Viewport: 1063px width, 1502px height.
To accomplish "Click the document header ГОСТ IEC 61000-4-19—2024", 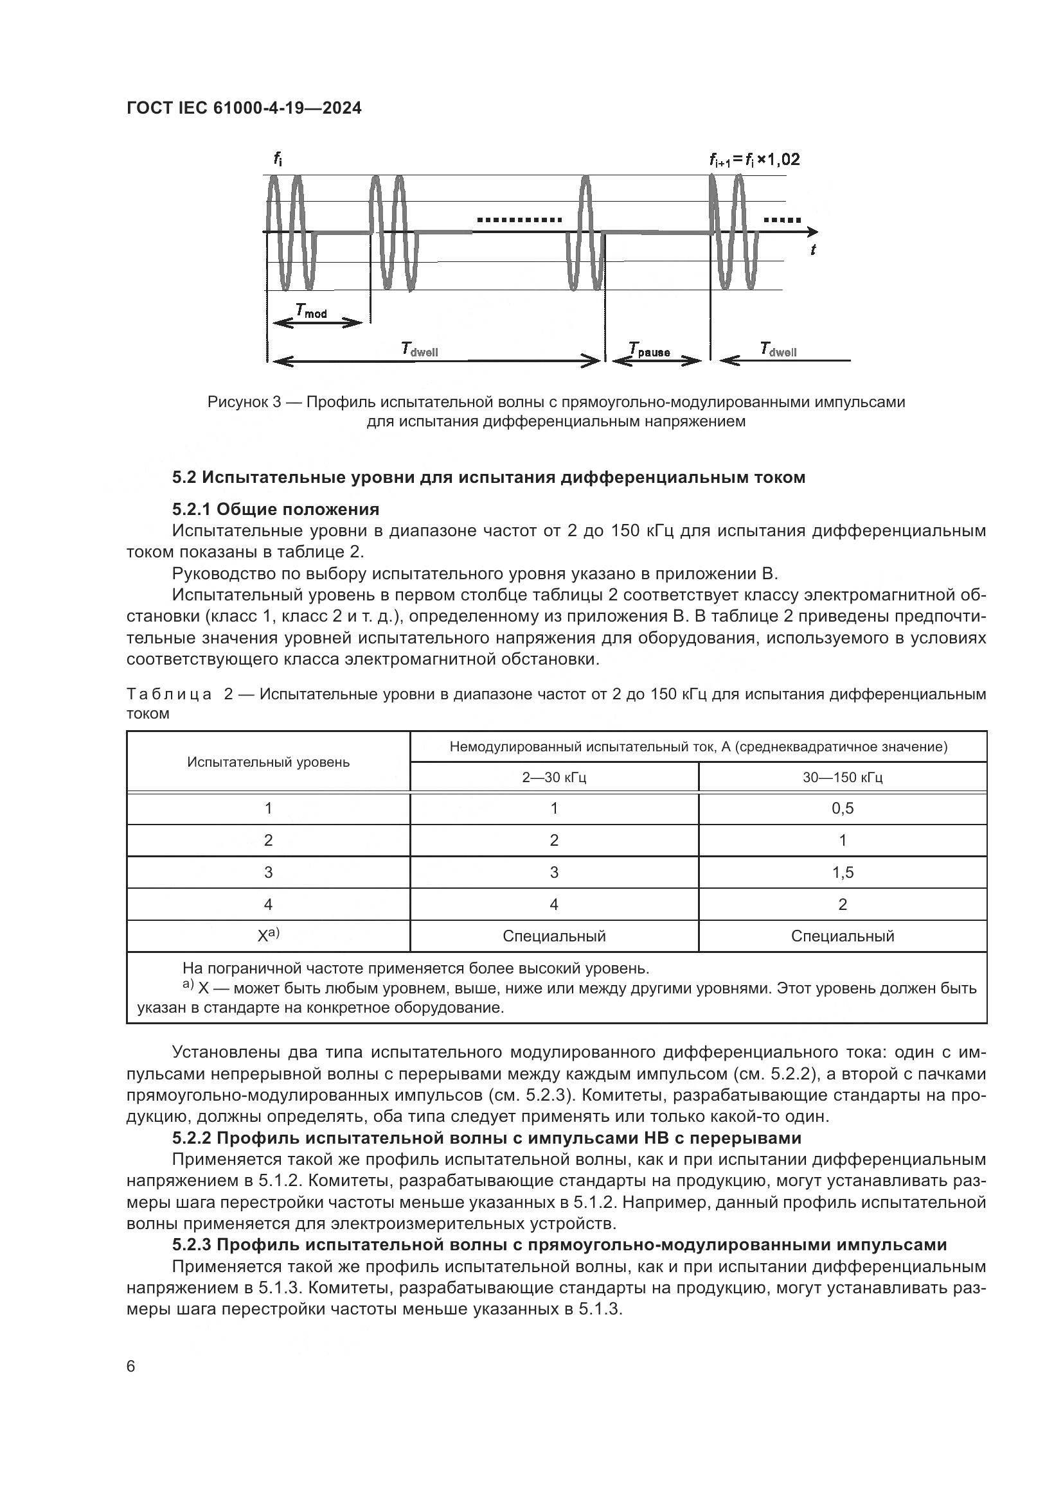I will [244, 108].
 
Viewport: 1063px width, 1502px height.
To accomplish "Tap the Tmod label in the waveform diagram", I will [311, 311].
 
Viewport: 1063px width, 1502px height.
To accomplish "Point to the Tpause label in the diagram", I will [648, 351].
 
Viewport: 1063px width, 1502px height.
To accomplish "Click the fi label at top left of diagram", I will [278, 159].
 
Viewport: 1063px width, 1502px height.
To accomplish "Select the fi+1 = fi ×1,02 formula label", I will [754, 160].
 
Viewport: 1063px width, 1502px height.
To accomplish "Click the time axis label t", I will [813, 249].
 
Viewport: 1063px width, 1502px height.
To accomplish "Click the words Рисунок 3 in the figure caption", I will [244, 401].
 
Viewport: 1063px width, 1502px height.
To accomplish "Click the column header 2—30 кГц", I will [554, 777].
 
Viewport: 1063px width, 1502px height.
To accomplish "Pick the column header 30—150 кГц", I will [843, 777].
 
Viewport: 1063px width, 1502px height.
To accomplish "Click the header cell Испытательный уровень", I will [268, 762].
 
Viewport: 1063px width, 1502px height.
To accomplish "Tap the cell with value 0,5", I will [843, 808].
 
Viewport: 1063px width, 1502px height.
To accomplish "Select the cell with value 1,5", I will [843, 872].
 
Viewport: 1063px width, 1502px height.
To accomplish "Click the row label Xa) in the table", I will [268, 936].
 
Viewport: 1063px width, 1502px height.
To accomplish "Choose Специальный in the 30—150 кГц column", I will [843, 936].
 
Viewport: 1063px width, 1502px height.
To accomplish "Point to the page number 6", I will [131, 1366].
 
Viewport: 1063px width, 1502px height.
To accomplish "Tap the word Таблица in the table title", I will [169, 694].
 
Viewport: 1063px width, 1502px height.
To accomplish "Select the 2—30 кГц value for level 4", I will [554, 904].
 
